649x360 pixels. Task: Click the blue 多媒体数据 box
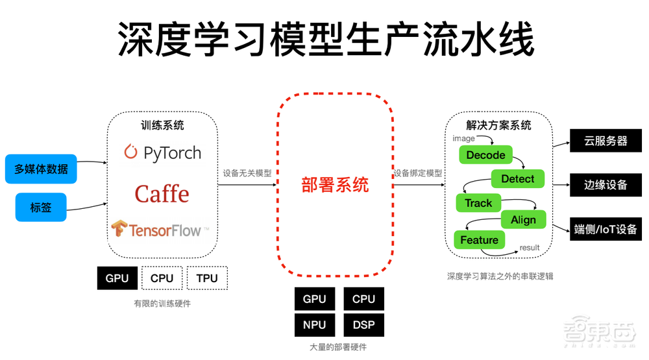click(x=41, y=169)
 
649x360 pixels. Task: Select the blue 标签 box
click(x=41, y=208)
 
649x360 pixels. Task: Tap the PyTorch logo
click(x=162, y=152)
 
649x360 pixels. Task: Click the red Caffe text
click(x=162, y=193)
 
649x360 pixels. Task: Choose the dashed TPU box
click(x=207, y=278)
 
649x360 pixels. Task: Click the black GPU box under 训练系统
click(x=117, y=278)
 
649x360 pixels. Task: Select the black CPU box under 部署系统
click(x=363, y=299)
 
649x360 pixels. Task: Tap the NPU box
click(x=314, y=325)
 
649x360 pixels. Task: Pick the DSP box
click(x=363, y=325)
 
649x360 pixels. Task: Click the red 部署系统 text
click(x=335, y=185)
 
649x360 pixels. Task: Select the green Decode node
click(x=485, y=155)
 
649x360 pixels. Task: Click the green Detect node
click(x=517, y=179)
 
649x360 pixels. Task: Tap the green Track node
click(x=478, y=203)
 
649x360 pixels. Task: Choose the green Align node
click(x=523, y=220)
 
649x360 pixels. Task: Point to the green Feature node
click(x=479, y=240)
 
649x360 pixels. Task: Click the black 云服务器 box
click(x=606, y=141)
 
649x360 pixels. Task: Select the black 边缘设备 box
click(x=606, y=185)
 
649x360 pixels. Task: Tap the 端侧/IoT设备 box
click(x=606, y=229)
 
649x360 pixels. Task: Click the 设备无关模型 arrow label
click(x=247, y=174)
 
